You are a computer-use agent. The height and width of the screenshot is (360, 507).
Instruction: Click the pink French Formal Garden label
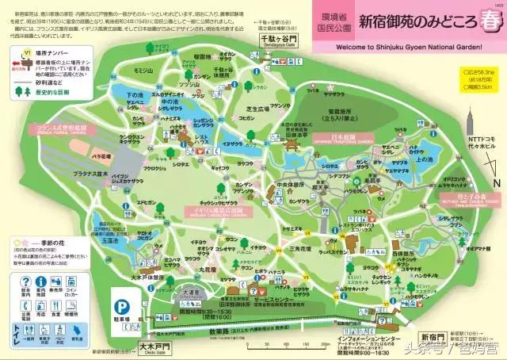pos(58,128)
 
